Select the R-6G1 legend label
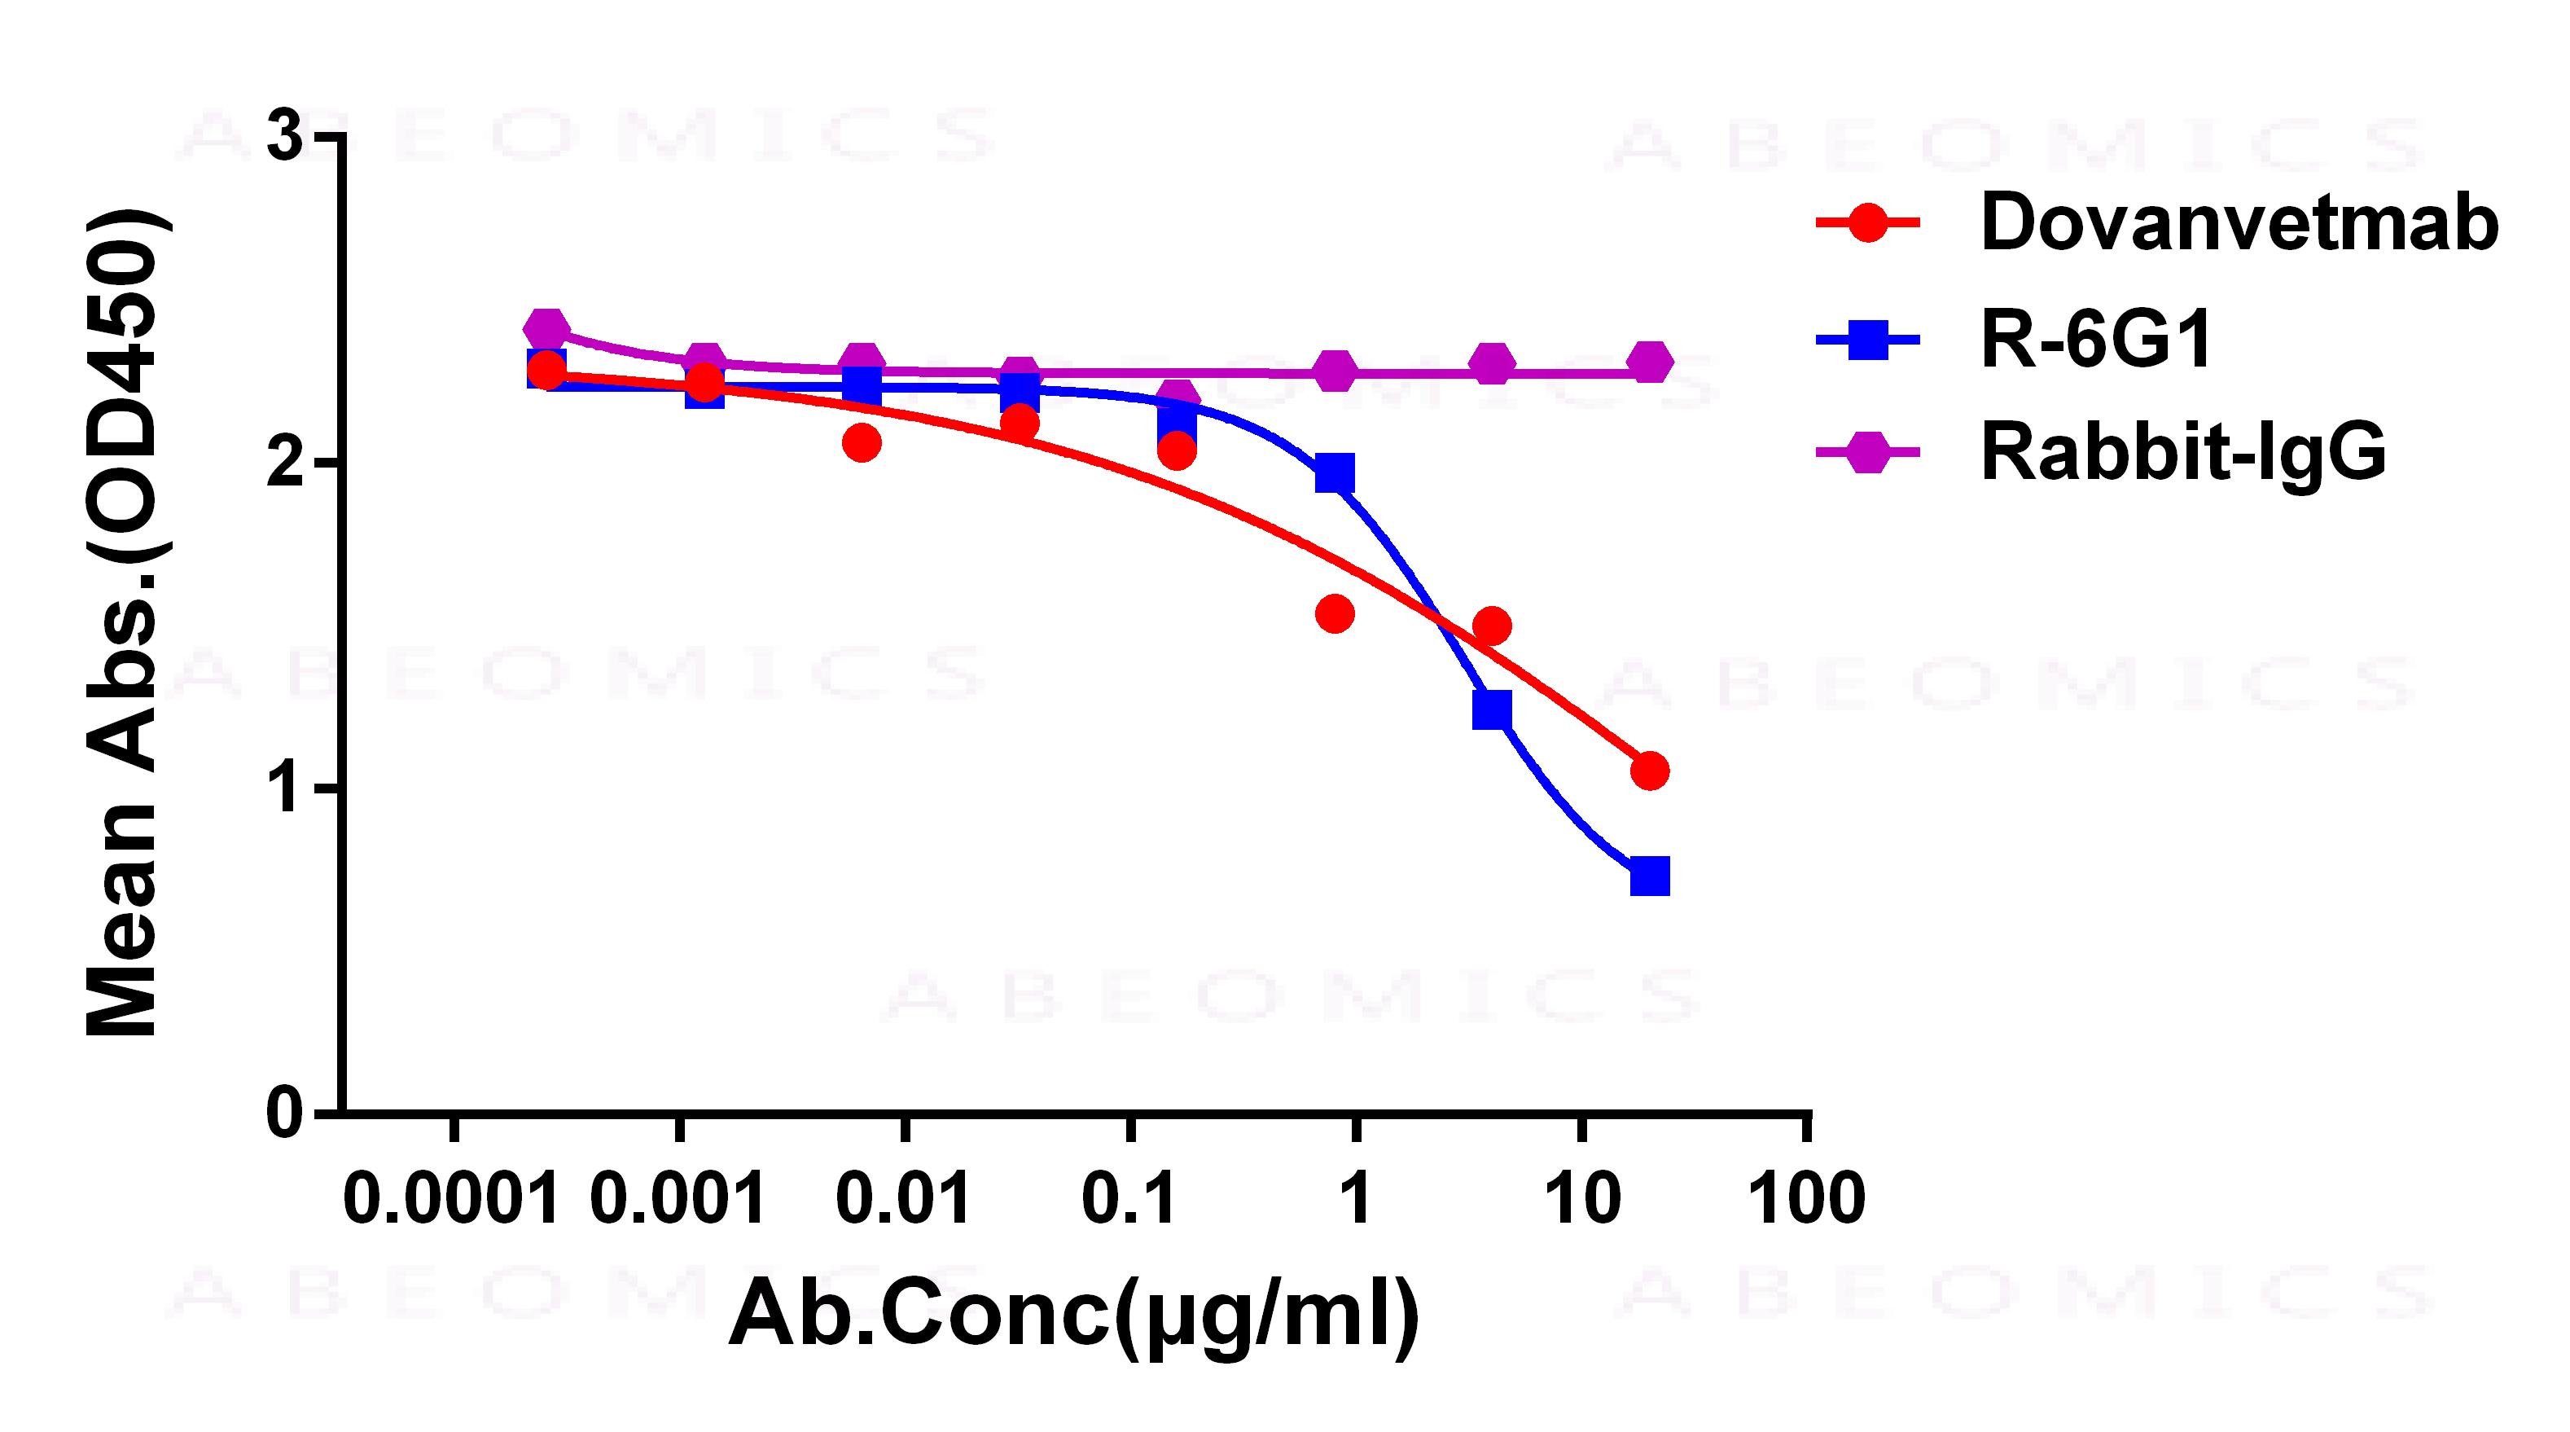[2096, 340]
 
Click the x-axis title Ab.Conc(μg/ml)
[1073, 1316]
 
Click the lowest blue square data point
[1649, 876]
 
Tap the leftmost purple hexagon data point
[546, 328]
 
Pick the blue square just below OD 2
[1335, 474]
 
